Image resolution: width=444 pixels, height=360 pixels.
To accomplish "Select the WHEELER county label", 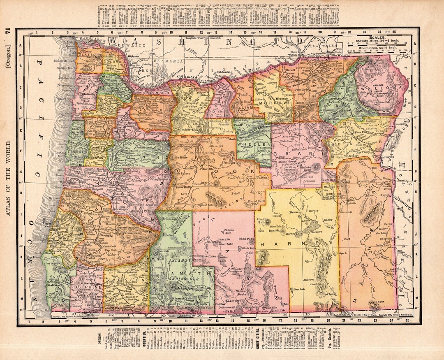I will coord(254,145).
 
